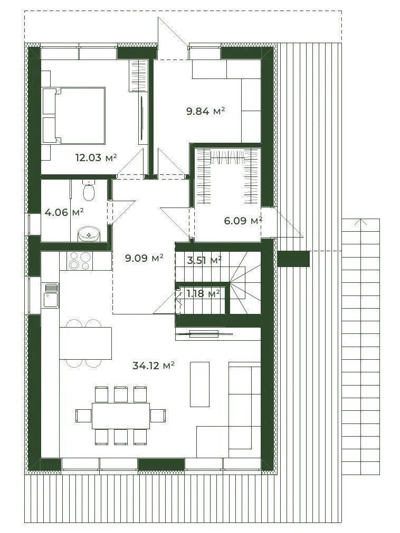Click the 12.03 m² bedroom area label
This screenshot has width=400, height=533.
(97, 157)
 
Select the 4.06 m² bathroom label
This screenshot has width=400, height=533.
(64, 212)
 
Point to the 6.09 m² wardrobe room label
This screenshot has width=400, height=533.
(243, 221)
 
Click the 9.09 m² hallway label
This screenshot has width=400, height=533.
(144, 258)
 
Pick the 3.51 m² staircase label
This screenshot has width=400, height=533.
(204, 261)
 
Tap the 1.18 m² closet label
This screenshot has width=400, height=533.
(203, 293)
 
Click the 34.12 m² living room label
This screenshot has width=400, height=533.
(154, 366)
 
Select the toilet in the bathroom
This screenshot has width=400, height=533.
(89, 190)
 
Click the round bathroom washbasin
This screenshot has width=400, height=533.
(89, 234)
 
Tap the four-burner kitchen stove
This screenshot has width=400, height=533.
(80, 261)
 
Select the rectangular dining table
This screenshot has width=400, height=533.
(121, 416)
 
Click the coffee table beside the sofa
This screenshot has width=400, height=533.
(199, 384)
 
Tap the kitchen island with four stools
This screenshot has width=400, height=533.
(85, 343)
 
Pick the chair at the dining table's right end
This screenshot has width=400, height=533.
(158, 416)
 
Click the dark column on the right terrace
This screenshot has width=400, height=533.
(293, 259)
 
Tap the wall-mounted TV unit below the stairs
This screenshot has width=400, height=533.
(204, 334)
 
